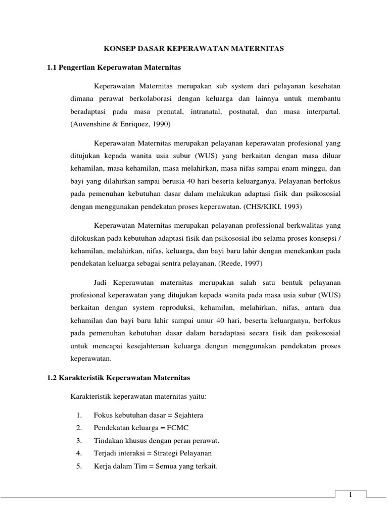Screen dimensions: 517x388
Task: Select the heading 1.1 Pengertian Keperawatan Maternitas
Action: (x=114, y=67)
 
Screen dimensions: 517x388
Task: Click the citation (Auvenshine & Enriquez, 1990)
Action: (x=120, y=124)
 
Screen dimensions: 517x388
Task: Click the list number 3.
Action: (x=79, y=440)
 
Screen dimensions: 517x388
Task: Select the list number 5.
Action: (x=79, y=466)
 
